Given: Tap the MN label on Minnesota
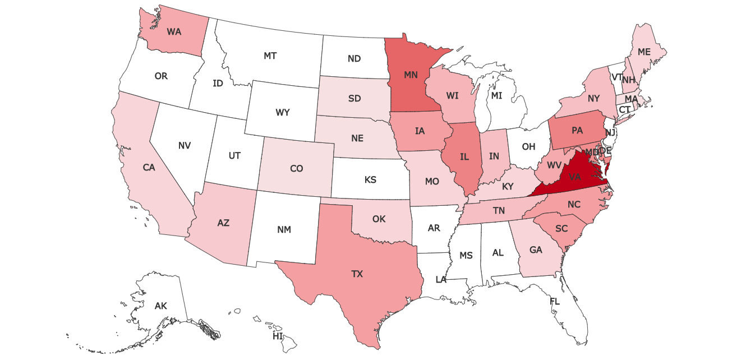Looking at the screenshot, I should (x=411, y=74).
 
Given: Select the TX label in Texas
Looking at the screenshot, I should (x=357, y=274).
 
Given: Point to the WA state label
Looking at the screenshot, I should (x=174, y=32).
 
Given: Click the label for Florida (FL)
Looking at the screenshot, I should (x=555, y=302).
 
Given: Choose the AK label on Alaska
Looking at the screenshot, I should (x=161, y=306).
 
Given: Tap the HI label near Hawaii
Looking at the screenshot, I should (x=278, y=336).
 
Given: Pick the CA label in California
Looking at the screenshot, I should (x=149, y=167).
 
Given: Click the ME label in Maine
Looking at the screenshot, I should (x=644, y=52).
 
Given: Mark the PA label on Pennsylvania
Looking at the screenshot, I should (x=578, y=131).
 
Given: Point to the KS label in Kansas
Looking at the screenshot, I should (x=370, y=180).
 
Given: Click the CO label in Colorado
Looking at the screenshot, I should (x=297, y=168).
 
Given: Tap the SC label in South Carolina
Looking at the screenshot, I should (x=561, y=229).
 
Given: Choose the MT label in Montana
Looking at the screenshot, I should (x=270, y=56).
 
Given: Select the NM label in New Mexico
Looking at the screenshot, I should (x=284, y=229).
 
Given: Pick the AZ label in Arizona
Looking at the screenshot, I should (x=223, y=223).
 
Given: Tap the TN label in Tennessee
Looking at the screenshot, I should (x=500, y=210).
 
